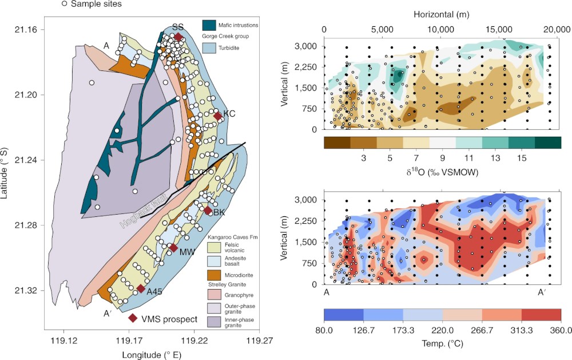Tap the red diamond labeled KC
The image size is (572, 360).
[217, 116]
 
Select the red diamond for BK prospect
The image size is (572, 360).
[208, 211]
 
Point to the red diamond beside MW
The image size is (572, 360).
[173, 248]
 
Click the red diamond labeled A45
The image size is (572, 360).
[141, 288]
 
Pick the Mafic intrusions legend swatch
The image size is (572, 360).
[209, 25]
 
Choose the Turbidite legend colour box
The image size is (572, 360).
[209, 49]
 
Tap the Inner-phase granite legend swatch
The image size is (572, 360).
[213, 321]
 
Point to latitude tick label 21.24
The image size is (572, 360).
[27, 160]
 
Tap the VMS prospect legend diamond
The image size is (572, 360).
[133, 318]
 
